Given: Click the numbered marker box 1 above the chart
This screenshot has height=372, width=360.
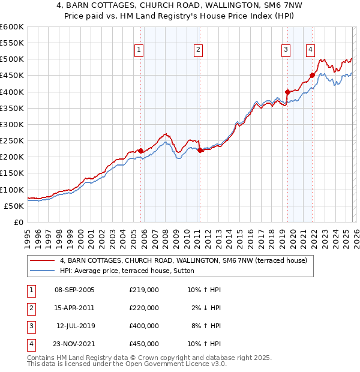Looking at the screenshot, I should pos(139,50).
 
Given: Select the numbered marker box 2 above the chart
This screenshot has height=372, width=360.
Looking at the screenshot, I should pos(198,50).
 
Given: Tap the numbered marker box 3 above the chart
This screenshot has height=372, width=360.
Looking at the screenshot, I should pos(286,50).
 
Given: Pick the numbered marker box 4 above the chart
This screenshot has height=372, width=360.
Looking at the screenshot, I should pos(311,50).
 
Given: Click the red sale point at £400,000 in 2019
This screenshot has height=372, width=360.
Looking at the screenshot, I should pos(287,92).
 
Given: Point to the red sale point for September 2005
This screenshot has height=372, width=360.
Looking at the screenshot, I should pos(141,151).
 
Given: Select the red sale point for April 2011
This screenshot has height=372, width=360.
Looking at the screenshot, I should pos(200,151).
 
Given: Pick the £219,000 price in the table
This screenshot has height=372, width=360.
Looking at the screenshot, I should pos(144,290).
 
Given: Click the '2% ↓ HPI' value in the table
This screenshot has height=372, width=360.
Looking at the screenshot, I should pos(206,308).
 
